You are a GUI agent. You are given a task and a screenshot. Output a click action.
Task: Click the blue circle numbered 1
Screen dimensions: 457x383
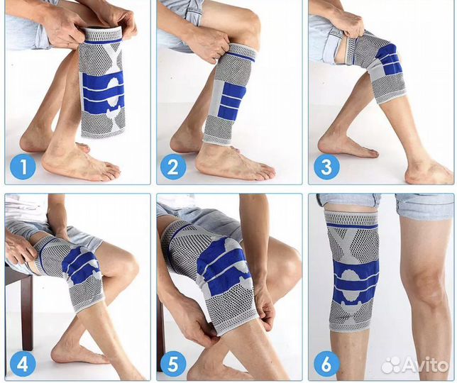tap(23, 167)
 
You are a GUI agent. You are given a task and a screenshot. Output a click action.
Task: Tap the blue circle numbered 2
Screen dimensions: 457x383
tap(173, 167)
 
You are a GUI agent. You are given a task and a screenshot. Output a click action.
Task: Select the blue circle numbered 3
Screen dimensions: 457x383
tap(326, 167)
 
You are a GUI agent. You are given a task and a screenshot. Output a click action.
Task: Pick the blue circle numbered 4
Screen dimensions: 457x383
tap(23, 364)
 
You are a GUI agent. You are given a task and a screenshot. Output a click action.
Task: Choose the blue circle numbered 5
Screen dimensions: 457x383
tap(173, 364)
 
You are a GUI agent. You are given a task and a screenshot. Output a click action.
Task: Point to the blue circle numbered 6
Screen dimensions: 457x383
tap(326, 364)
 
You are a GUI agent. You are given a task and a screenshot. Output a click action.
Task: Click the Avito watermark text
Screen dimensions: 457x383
tap(426, 365)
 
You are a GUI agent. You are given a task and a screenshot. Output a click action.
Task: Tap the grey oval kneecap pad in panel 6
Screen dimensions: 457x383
tap(351, 285)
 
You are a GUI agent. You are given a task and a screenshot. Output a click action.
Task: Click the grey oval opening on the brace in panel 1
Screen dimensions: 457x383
tap(114, 92)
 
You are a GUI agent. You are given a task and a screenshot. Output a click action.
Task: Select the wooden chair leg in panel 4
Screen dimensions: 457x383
tap(26, 311)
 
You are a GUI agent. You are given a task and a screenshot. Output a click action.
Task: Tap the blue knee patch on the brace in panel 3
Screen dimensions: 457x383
tap(387, 60)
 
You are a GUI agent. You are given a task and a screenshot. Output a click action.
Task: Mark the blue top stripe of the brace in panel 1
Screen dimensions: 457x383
tap(104, 42)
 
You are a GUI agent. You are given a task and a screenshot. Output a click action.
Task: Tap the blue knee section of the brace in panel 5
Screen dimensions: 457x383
tap(221, 266)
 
